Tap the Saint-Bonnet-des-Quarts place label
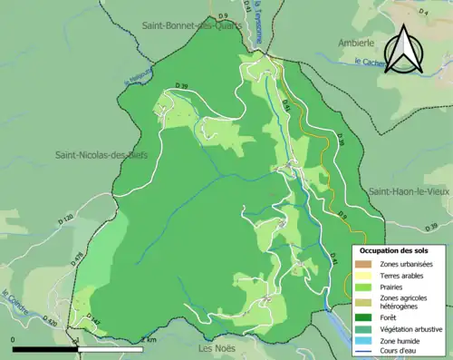tap(191, 25)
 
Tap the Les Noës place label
tap(219, 347)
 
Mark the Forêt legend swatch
tap(363, 316)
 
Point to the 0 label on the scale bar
tap(14, 339)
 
